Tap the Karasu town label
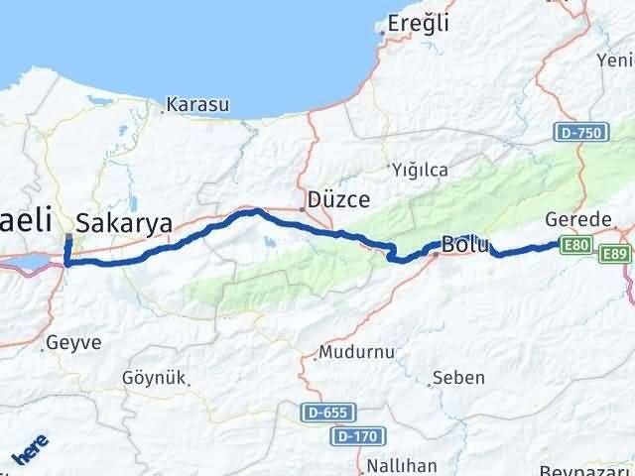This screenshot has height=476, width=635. [x=198, y=104]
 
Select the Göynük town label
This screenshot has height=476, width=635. [x=153, y=379]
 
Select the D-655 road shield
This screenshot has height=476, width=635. [x=327, y=410]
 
